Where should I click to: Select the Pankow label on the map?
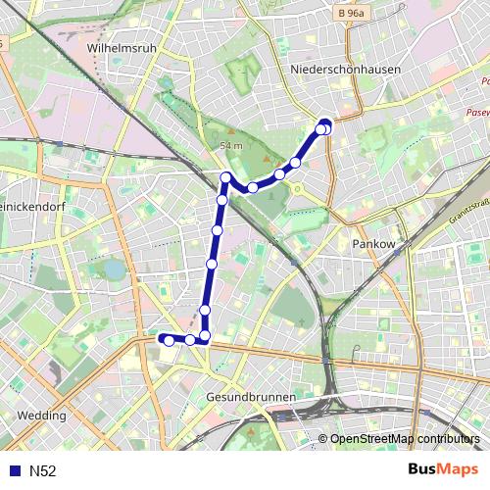371,242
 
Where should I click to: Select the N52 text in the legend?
42,470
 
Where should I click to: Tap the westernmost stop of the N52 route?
169,340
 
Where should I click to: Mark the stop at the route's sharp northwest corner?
226,178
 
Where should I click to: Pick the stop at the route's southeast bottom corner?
205,337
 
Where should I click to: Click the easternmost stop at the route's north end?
326,127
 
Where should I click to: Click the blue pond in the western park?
115,268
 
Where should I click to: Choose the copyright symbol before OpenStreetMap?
322,439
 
